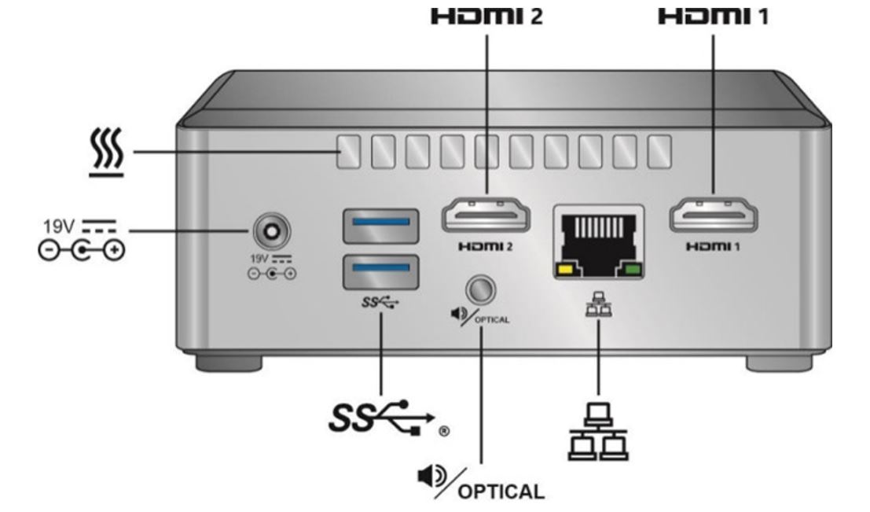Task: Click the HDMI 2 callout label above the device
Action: click(x=488, y=17)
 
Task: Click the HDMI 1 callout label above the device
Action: click(x=712, y=17)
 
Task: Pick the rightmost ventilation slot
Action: click(x=659, y=149)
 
